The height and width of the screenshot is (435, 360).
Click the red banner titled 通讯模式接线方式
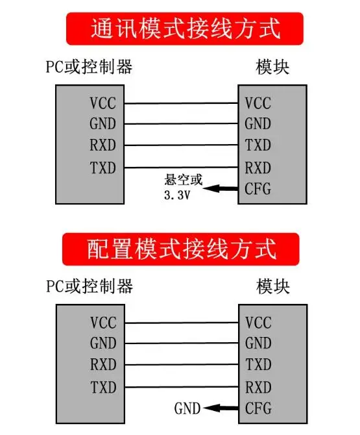pos(185,29)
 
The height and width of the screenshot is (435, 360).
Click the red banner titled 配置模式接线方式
pos(181,249)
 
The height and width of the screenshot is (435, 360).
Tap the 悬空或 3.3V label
pos(183,187)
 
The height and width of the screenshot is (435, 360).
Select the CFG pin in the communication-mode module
pos(258,189)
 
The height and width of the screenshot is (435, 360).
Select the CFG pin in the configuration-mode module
pos(258,408)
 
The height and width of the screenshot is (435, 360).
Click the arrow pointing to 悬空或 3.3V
pos(221,189)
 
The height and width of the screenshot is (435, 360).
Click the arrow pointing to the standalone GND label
pos(221,408)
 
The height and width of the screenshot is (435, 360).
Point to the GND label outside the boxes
pos(187,408)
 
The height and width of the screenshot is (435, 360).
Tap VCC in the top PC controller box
pos(102,103)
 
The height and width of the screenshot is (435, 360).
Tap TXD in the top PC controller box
pos(102,168)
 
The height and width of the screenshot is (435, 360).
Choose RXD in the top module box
pos(258,168)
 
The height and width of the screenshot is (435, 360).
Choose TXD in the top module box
pos(258,145)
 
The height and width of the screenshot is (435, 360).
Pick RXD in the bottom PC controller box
pos(103,364)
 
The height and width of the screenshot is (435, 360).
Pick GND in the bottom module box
pos(258,343)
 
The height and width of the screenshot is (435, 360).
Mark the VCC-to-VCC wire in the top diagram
pos(181,103)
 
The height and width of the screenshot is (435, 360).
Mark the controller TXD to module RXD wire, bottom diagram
pos(182,387)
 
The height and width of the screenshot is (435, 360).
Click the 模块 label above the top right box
pos(272,67)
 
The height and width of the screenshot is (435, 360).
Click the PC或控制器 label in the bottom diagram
pos(90,286)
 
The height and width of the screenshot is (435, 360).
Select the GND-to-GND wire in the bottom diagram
pos(182,343)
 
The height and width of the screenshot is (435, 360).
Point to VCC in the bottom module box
pos(258,323)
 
